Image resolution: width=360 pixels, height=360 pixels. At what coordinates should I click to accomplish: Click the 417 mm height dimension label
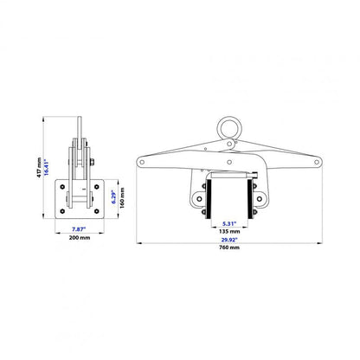(39, 167)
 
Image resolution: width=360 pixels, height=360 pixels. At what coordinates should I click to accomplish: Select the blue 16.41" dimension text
(46, 167)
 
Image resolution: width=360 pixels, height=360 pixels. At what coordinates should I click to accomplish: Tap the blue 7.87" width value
(79, 229)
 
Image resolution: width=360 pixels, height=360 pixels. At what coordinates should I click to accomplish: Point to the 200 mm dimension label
(80, 238)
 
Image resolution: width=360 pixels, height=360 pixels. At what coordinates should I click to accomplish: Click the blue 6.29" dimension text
(113, 197)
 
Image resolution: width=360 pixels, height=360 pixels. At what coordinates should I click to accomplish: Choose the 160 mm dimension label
(122, 198)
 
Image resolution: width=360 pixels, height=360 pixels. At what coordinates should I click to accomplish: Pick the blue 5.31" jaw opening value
(229, 223)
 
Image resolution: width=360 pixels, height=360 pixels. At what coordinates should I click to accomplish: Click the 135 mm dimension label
(229, 231)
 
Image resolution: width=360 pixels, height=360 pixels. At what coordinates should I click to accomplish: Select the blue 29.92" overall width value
(229, 240)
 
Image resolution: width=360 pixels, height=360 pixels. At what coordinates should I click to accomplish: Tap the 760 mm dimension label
(229, 247)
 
